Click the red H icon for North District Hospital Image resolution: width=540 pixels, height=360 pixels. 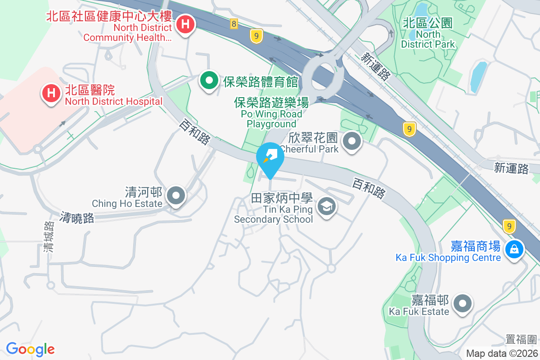tap(51, 94)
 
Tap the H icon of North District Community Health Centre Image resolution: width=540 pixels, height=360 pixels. tap(184, 24)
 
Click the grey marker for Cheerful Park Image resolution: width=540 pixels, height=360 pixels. tap(352, 142)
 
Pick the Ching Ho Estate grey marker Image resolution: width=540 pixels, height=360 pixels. tap(176, 196)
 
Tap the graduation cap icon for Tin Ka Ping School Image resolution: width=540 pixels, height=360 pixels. tap(326, 207)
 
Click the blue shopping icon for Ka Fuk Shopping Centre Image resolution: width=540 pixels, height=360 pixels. tap(514, 248)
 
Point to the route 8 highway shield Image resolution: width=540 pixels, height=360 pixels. tap(234, 24)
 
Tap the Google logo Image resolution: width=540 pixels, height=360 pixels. tap(30, 349)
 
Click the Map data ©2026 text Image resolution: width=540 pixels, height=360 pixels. tap(501, 354)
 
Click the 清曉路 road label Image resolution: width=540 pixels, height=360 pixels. tap(77, 218)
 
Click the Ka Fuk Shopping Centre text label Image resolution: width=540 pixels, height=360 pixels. tap(448, 257)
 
